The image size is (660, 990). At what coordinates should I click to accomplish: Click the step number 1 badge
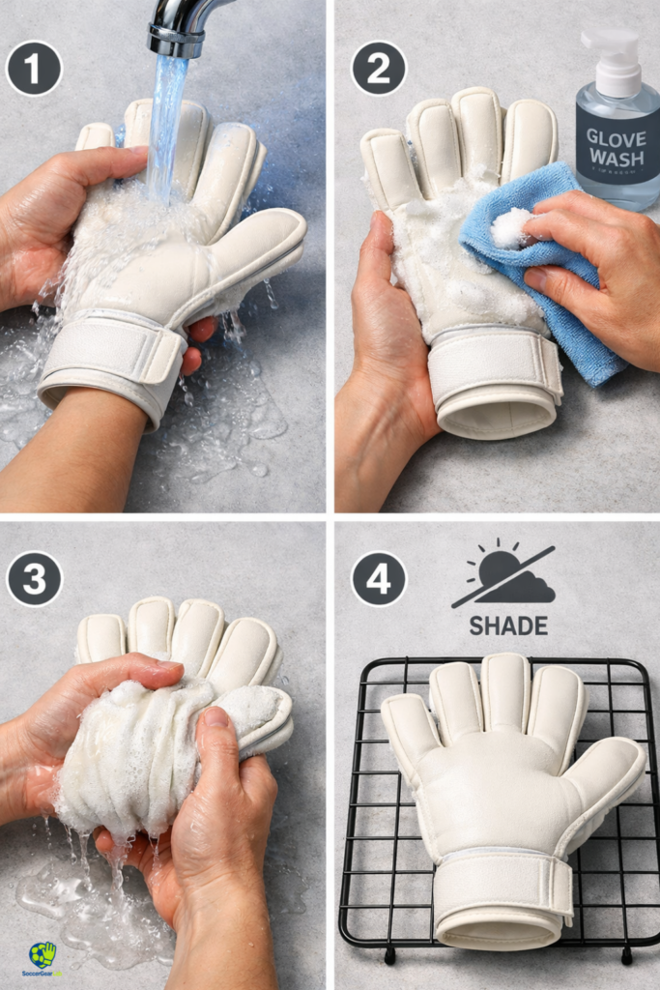tap(33, 68)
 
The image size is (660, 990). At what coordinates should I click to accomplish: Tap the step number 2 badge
tap(379, 68)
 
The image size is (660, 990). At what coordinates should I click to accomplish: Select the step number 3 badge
tap(34, 579)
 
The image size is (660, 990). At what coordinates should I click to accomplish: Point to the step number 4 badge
tap(379, 579)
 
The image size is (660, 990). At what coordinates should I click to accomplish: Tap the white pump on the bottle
tap(612, 54)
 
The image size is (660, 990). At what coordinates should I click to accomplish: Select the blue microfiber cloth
tap(560, 290)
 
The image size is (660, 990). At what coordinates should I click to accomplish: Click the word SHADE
tap(508, 626)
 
